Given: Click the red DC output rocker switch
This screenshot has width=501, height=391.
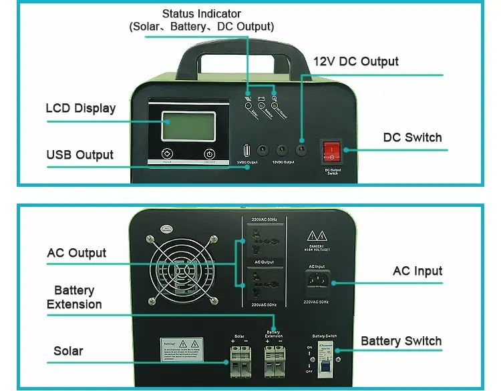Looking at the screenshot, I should pos(330,151).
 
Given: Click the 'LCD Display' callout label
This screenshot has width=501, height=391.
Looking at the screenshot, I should pos(80,108).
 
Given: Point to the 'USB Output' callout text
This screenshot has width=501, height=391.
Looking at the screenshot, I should pos(79,155).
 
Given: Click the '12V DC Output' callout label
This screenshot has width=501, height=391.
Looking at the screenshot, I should pos(356,61).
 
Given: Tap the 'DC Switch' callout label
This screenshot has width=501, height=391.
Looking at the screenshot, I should pos(412,137).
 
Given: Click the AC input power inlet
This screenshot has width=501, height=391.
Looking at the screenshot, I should pos(317,285).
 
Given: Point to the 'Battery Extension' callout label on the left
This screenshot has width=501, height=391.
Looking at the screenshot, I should pos(74,298).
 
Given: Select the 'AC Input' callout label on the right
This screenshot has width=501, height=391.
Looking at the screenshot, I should pos(417,271).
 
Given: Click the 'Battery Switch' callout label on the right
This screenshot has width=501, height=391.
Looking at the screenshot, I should pos(401,341).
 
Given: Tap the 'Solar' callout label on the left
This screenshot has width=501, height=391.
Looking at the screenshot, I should pos(68,351).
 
